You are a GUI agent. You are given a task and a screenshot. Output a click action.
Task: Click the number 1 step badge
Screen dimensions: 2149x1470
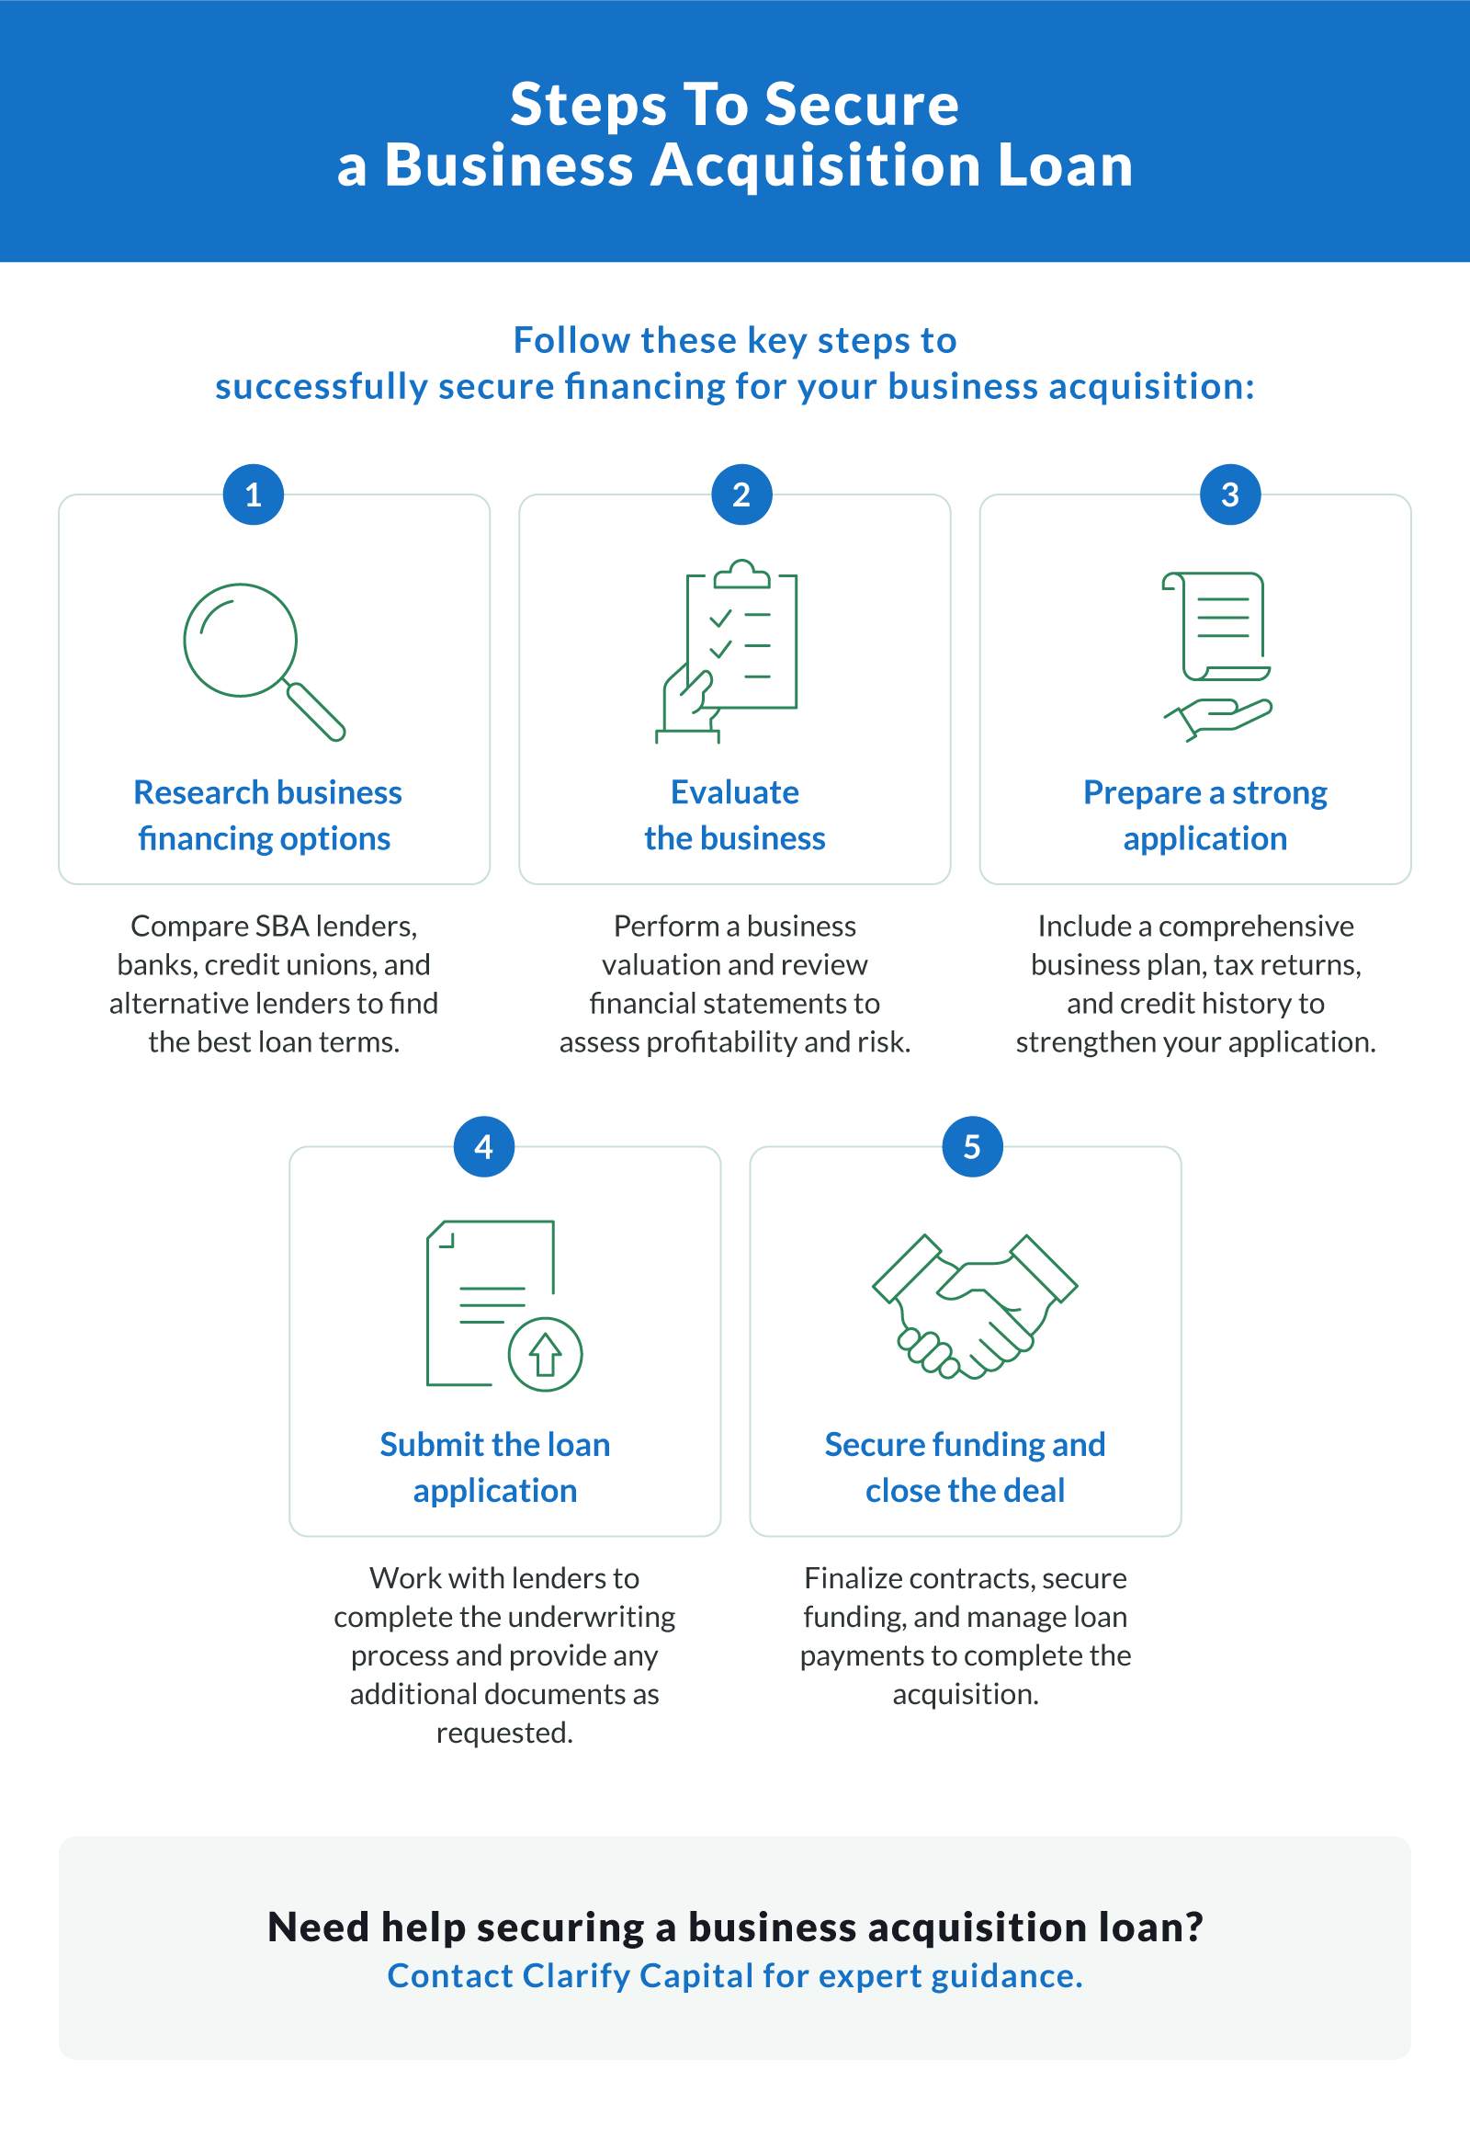point(254,495)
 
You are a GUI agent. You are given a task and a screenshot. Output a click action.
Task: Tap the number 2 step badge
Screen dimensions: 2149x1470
point(741,495)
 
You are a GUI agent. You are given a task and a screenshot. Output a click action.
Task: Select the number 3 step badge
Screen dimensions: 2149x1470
point(1229,495)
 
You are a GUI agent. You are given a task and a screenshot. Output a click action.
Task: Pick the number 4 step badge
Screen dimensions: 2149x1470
point(483,1146)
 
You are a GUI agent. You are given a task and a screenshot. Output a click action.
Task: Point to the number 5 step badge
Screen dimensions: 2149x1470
point(972,1146)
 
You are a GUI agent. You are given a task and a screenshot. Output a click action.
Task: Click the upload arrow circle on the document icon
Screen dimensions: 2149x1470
point(546,1354)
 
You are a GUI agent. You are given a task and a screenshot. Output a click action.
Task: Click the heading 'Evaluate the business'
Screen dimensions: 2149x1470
point(735,814)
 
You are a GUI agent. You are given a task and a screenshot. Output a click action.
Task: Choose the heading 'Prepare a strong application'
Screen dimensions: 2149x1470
point(1204,814)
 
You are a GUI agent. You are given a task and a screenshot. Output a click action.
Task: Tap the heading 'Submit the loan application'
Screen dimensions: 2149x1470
point(494,1467)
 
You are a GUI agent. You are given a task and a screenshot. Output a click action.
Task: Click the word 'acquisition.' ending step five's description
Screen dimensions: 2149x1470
point(966,1693)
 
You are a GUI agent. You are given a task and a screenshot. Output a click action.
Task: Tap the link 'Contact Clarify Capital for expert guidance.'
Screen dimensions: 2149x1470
point(735,1975)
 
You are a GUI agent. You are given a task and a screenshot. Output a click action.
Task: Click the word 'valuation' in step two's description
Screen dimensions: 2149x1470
point(659,964)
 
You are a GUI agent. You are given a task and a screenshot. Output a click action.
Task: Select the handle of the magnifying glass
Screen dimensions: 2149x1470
point(315,711)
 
